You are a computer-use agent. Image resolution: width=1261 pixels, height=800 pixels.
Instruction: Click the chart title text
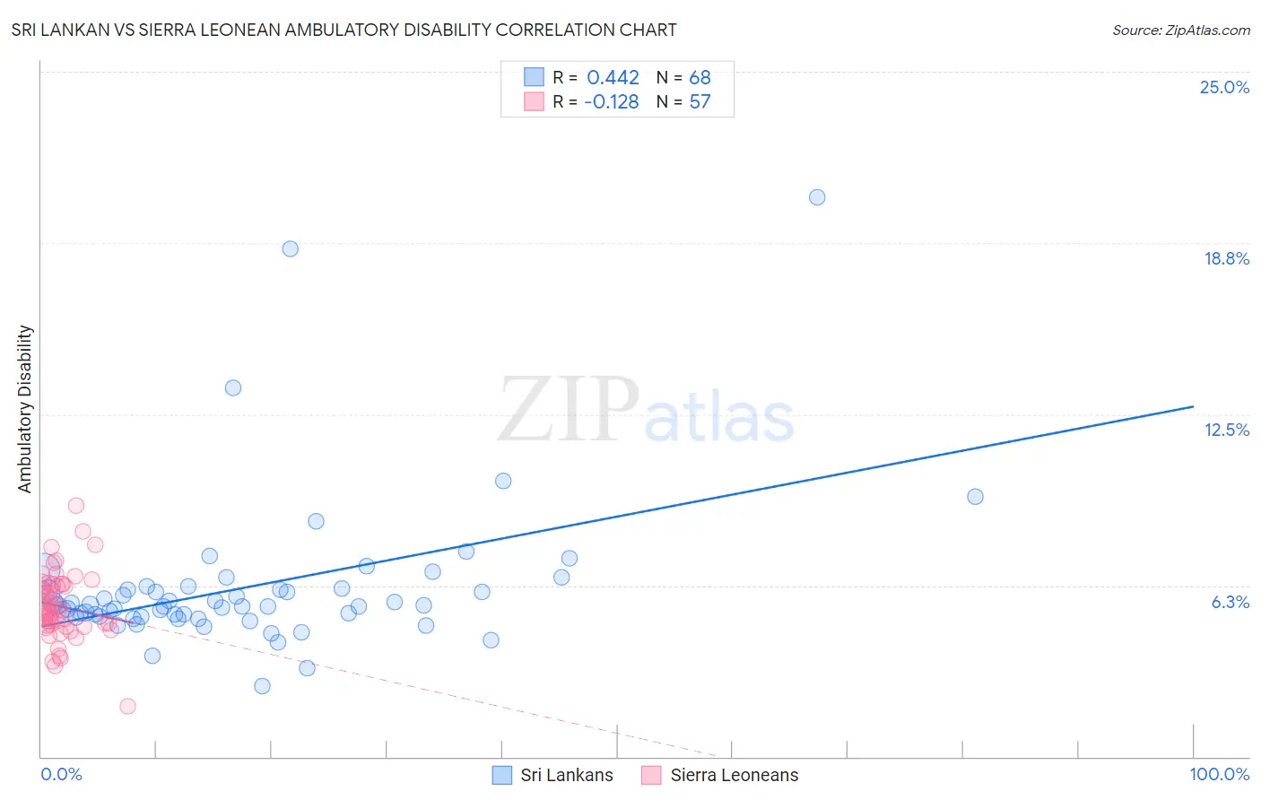[x=344, y=30]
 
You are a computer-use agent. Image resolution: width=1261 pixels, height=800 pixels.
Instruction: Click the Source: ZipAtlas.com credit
[x=1180, y=30]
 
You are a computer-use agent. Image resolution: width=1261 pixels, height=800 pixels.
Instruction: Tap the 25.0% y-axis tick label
[x=1224, y=87]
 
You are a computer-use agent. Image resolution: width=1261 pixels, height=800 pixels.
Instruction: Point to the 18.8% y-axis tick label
[x=1226, y=258]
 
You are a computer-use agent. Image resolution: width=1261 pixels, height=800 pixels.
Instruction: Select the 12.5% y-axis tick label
[x=1226, y=430]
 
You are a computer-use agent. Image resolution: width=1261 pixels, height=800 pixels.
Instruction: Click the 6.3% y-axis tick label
[x=1230, y=602]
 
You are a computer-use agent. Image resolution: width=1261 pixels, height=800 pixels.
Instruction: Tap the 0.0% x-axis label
[x=61, y=774]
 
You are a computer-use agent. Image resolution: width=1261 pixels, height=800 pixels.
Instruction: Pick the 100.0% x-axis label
[x=1219, y=774]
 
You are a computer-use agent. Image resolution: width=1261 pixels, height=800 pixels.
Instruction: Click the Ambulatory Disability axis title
[x=25, y=409]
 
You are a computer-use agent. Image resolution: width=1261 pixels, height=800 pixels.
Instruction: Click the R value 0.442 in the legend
[x=613, y=78]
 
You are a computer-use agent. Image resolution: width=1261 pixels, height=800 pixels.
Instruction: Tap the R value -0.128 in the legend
[x=611, y=102]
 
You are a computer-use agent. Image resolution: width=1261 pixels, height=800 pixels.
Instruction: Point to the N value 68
[x=700, y=78]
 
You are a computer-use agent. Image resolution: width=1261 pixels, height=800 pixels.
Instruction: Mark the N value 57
[x=700, y=102]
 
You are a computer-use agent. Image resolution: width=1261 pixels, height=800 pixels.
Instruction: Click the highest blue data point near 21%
[x=817, y=197]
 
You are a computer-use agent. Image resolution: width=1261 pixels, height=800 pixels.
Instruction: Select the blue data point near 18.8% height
[x=290, y=248]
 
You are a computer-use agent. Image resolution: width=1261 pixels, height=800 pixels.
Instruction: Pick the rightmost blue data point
[x=975, y=497]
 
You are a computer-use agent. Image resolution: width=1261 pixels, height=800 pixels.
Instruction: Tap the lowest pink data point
[x=127, y=706]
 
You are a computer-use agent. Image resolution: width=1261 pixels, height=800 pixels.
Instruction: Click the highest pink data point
[x=76, y=506]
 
